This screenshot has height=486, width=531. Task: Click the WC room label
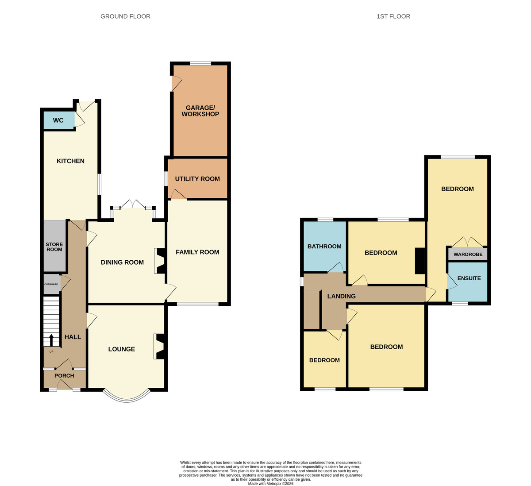pos(58,120)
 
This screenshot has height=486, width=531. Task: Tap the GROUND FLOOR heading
pos(125,16)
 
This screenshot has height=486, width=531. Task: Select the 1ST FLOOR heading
pos(393,16)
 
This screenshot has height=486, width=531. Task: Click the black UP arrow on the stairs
pos(51,340)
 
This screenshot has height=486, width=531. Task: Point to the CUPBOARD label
pos(51,284)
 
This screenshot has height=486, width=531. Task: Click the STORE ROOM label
pos(54,247)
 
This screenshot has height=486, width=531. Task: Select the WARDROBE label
pos(468,254)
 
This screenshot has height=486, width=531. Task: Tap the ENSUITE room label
pos(469,278)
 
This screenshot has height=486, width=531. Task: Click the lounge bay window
pos(127,397)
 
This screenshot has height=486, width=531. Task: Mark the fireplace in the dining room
pos(160,261)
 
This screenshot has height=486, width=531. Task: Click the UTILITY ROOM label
pos(197,179)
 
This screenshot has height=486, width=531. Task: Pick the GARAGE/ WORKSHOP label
pos(200,111)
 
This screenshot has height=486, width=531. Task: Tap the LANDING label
pos(342,296)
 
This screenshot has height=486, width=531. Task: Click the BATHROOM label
pos(324,246)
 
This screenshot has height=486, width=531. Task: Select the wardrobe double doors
pos(467,242)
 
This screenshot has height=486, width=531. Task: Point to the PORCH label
pos(64,375)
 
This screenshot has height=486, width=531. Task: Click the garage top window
pos(200,63)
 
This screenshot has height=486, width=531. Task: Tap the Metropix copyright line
pos(270,484)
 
